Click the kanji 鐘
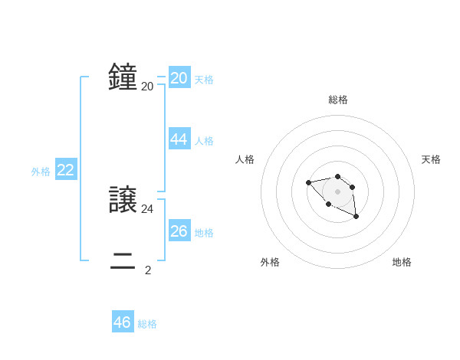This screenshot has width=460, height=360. (123, 78)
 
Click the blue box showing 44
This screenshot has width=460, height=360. (179, 139)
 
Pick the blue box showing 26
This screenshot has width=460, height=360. (179, 231)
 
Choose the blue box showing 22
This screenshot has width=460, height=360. (66, 170)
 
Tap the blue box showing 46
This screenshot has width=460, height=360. (123, 322)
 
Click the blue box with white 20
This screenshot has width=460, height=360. (179, 78)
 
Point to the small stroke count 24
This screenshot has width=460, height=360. (147, 208)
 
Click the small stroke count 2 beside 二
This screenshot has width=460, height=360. (148, 270)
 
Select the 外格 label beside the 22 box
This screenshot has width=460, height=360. (41, 172)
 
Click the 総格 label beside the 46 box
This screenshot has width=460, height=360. (147, 324)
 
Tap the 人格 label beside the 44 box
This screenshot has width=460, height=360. (204, 141)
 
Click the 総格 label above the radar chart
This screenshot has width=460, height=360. (338, 100)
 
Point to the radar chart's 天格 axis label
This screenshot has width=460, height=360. (431, 159)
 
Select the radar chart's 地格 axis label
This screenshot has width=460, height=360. (402, 262)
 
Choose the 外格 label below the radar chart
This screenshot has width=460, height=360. (270, 262)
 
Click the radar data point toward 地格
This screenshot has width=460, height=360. (356, 217)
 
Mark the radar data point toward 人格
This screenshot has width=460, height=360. (308, 182)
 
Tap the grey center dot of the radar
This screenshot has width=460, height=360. (338, 191)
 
